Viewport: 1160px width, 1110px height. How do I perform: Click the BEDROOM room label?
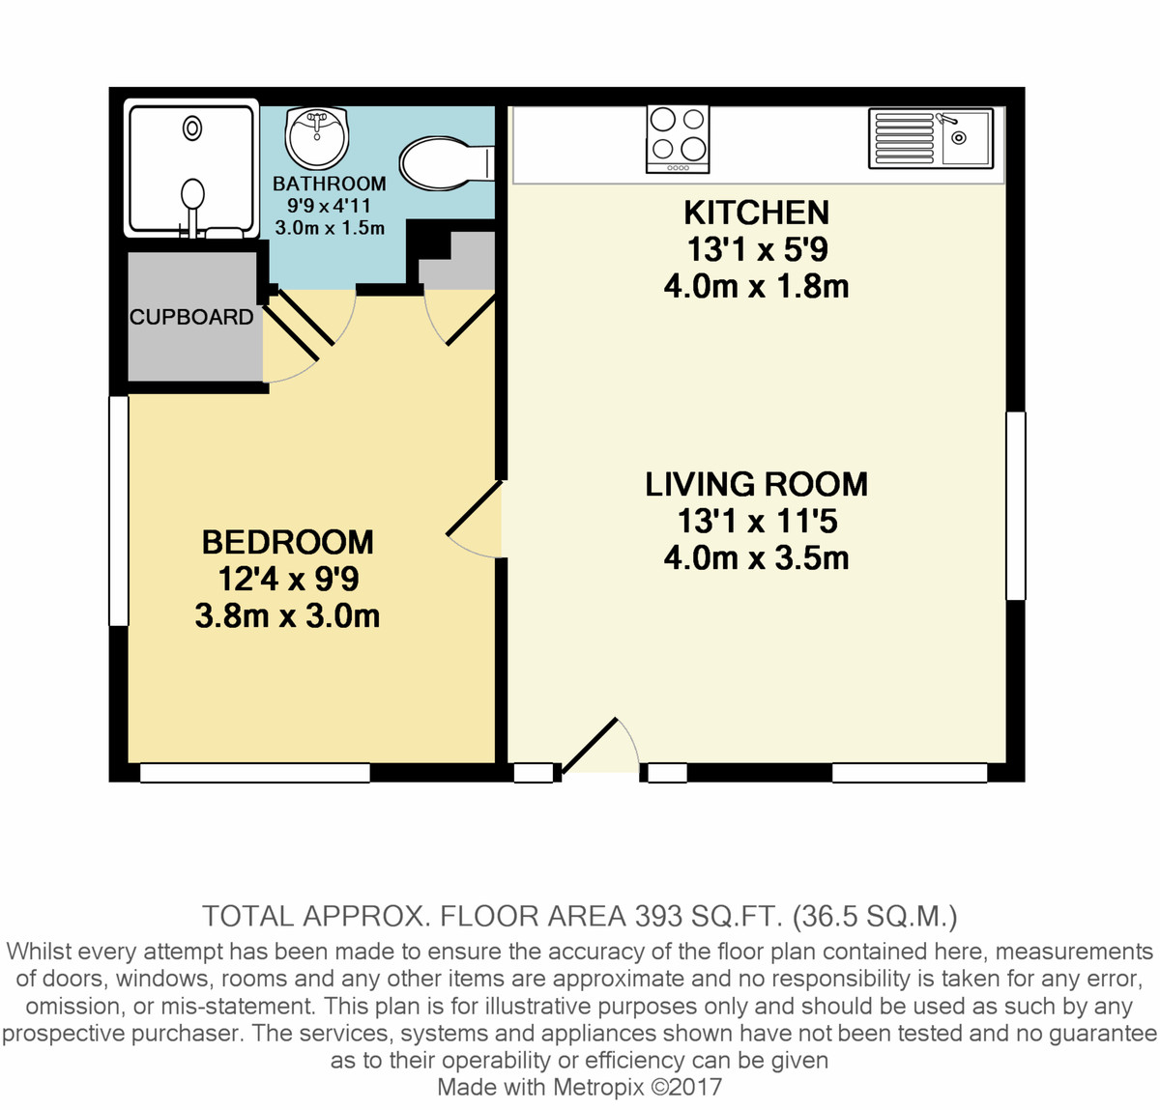click(287, 542)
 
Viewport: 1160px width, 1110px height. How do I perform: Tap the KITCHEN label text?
click(756, 213)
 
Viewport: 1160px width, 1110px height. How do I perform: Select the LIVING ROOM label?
click(756, 484)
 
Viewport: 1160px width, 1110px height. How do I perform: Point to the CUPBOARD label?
click(191, 317)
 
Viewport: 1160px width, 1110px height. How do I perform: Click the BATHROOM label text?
click(329, 184)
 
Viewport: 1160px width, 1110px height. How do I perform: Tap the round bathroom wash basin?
click(317, 138)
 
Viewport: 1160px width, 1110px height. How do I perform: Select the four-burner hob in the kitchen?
click(678, 139)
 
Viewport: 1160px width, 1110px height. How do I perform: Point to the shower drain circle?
click(193, 128)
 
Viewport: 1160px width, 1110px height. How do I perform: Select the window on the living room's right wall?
click(1015, 505)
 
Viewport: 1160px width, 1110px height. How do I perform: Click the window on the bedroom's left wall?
click(118, 510)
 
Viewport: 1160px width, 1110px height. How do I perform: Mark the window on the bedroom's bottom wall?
click(255, 773)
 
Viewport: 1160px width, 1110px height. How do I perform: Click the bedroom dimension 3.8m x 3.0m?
click(287, 616)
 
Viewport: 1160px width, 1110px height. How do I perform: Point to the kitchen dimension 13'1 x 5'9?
click(756, 250)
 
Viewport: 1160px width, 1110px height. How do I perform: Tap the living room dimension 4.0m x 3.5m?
click(756, 558)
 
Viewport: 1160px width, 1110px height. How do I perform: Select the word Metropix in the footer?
click(598, 1087)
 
